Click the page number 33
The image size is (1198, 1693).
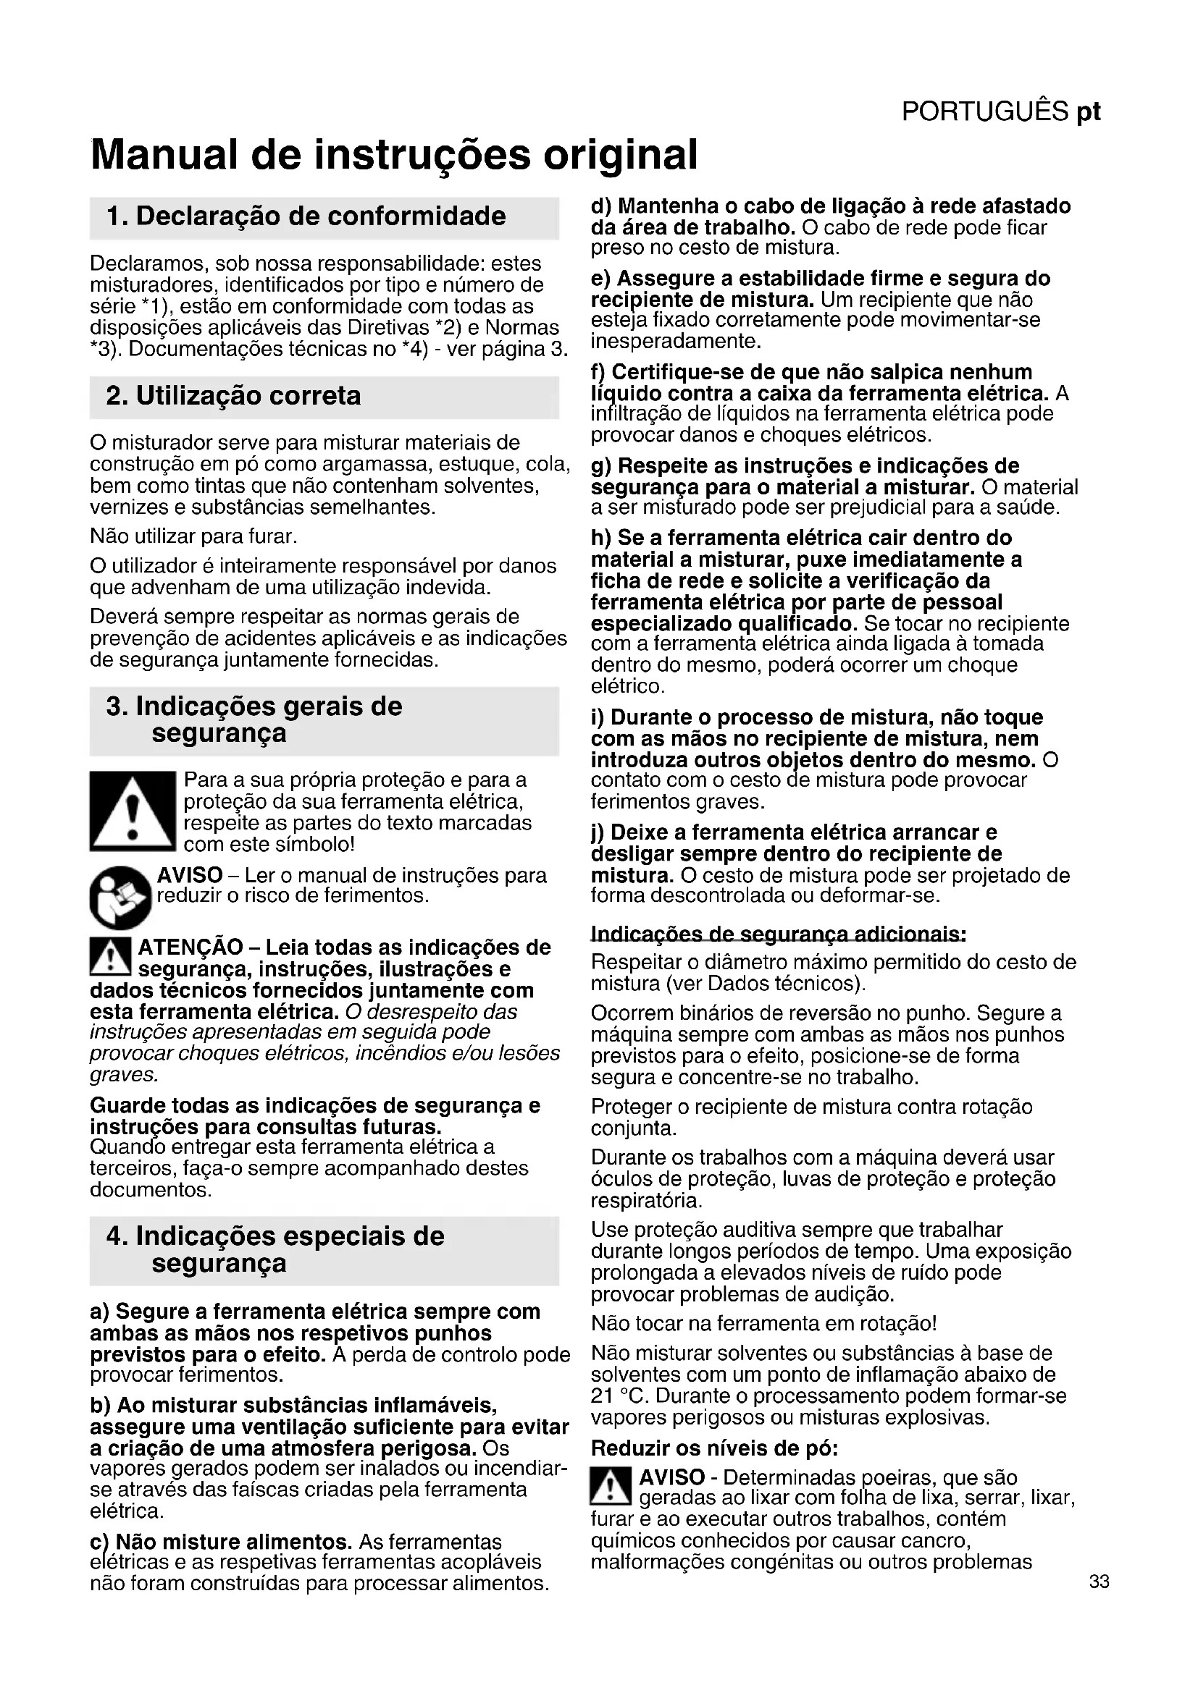pos(1099,1582)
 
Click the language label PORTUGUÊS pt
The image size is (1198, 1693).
pos(1000,111)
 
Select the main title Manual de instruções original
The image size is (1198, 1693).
pos(394,155)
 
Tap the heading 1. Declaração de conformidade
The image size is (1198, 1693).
pos(306,217)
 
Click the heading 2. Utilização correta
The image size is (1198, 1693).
pos(234,396)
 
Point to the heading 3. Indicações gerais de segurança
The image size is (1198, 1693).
pos(254,719)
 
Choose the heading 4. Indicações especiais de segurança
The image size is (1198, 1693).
pos(275,1249)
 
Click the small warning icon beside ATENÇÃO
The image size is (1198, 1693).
pos(110,956)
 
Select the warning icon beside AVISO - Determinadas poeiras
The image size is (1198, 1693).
pos(611,1487)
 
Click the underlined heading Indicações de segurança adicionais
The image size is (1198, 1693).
pos(778,934)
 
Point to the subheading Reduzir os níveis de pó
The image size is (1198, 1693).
pos(714,1449)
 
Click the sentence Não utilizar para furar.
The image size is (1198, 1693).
pos(193,536)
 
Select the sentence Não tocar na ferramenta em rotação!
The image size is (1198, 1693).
pos(763,1324)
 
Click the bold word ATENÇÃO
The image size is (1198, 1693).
pos(190,947)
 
